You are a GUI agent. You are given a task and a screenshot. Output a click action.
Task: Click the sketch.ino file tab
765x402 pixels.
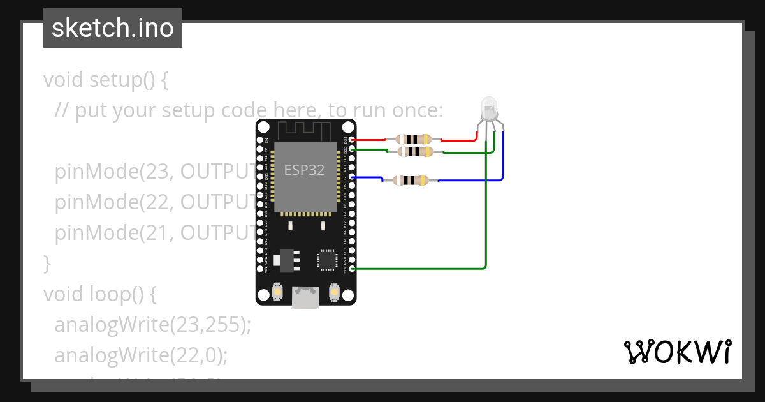tap(112, 28)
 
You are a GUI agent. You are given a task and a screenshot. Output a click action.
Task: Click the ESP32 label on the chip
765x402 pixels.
tap(304, 170)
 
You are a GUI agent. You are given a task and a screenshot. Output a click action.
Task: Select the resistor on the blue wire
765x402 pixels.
tap(410, 181)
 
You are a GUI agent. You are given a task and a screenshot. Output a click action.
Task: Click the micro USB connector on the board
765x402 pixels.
tap(305, 297)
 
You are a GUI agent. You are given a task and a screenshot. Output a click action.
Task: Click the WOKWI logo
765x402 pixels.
tap(677, 352)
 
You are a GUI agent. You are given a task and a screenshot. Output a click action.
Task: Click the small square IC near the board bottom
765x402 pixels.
tap(326, 260)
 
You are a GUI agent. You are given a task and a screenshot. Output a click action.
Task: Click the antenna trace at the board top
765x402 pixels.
tap(307, 130)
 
